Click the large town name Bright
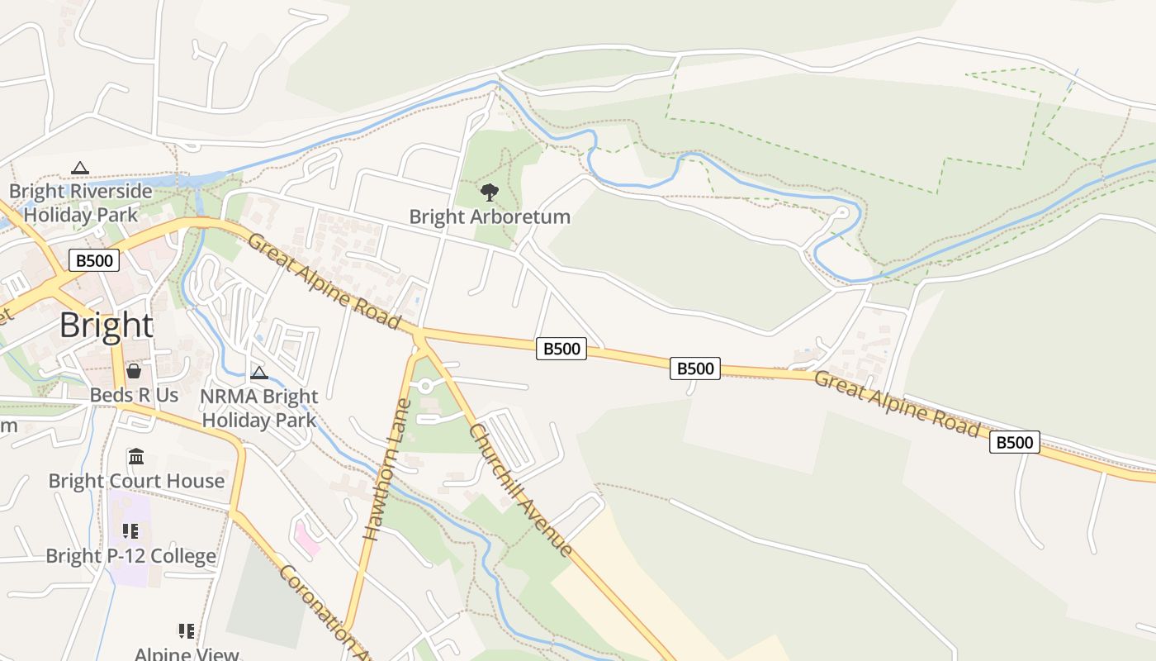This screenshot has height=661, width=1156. (106, 326)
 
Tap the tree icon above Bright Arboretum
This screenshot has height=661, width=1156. (490, 193)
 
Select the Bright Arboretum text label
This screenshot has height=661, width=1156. (490, 217)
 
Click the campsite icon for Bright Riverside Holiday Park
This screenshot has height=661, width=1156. (79, 168)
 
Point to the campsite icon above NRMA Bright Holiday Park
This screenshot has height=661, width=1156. (259, 373)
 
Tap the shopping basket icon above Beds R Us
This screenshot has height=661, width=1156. (134, 371)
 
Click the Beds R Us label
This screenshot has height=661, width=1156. (134, 395)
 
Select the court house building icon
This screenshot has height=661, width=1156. (136, 456)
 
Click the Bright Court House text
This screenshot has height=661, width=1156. (136, 481)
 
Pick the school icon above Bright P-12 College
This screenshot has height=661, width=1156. (130, 531)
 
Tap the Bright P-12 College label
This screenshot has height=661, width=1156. (130, 556)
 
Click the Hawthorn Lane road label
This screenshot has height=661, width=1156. (387, 469)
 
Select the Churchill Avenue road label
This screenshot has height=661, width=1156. (520, 490)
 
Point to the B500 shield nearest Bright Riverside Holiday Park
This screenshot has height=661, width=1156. (94, 261)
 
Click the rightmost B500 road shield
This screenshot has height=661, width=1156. (1014, 442)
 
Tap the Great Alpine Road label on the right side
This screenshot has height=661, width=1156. (897, 405)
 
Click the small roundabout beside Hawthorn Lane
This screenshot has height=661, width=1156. (425, 385)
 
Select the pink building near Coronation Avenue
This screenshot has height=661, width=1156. (307, 538)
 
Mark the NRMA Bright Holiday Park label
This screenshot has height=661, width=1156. (259, 408)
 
